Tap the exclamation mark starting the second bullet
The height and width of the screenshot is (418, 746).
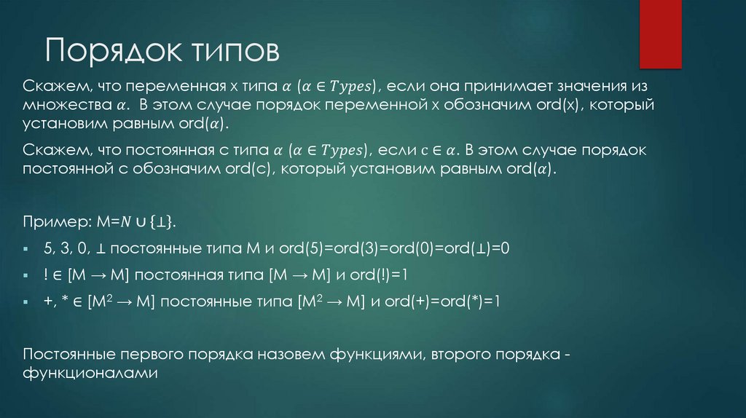pyautogui.click(x=45, y=275)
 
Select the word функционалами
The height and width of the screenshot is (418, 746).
pyautogui.click(x=90, y=372)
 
